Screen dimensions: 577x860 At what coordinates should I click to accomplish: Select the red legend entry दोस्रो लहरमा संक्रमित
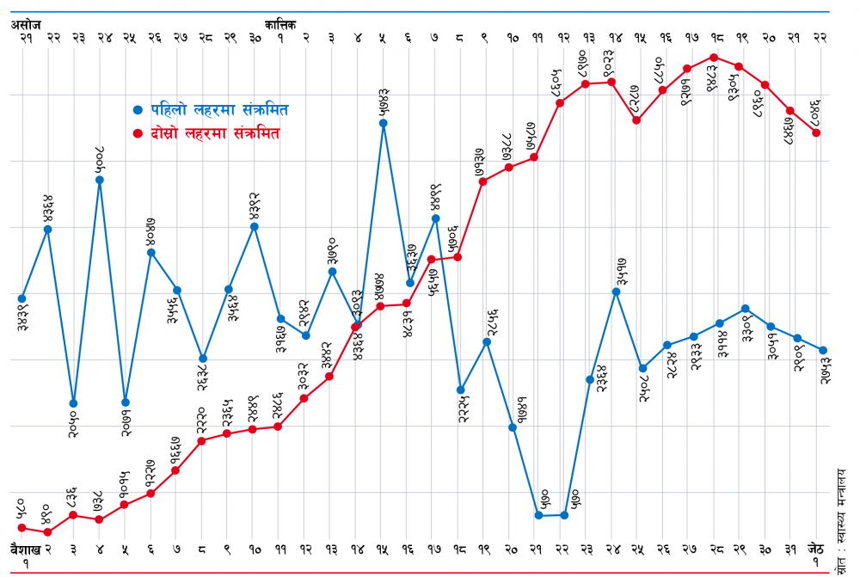[x=215, y=134]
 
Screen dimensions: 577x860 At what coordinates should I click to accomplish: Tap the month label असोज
[x=26, y=26]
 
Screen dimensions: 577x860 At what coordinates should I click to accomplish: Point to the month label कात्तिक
[x=281, y=26]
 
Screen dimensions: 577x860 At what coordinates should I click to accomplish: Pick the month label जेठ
[x=817, y=548]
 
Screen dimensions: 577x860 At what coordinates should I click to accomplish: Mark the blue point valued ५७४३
[x=383, y=123]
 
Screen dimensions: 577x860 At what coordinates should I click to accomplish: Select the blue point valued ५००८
[x=100, y=180]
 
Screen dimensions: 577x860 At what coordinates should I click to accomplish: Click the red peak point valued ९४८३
[x=713, y=57]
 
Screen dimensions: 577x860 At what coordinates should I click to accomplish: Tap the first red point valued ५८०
[x=22, y=528]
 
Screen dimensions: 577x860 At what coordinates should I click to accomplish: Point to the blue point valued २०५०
[x=74, y=402]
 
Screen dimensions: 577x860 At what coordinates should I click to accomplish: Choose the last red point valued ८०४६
[x=816, y=132]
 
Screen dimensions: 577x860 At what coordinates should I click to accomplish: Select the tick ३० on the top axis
[x=255, y=38]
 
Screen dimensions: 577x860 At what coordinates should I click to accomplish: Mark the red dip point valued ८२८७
[x=636, y=120]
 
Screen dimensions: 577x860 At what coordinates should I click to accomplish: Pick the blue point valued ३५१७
[x=616, y=292]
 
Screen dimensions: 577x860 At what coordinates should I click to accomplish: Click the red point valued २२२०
[x=202, y=441]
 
